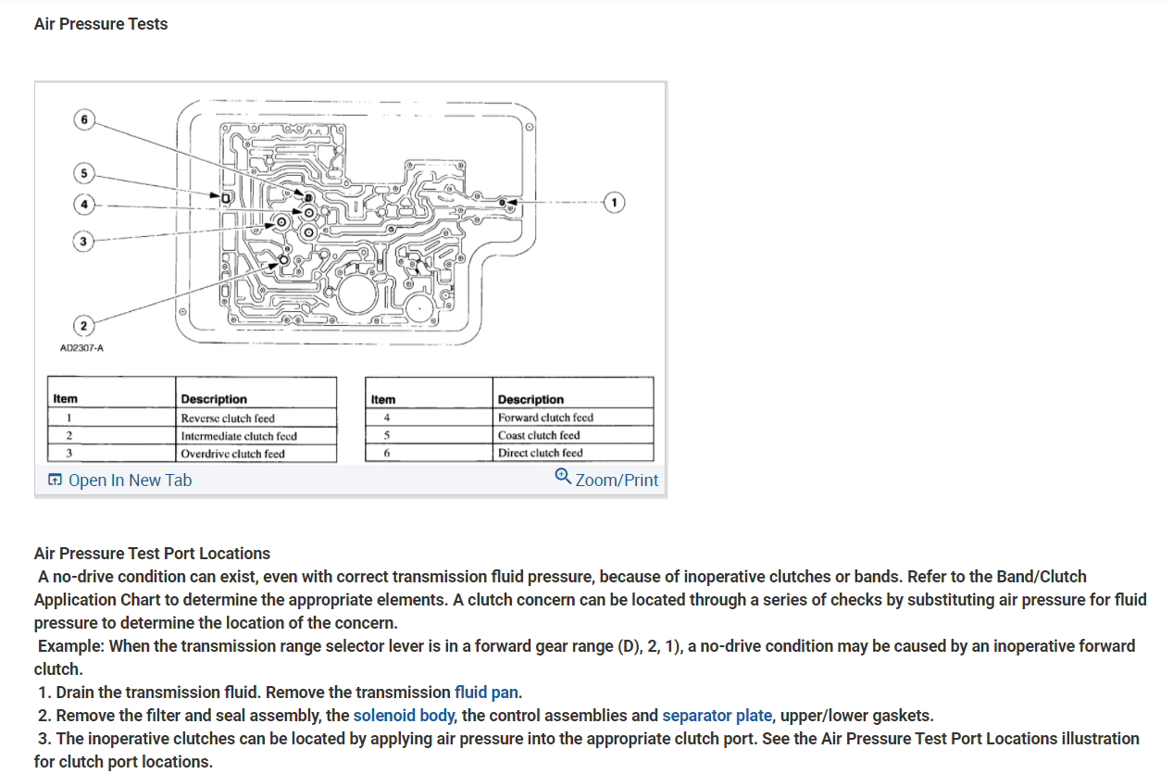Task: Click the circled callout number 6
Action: coord(84,119)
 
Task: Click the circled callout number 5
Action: coord(84,173)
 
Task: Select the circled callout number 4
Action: coord(84,204)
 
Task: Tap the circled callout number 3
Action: coord(84,241)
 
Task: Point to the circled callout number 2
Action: coord(84,325)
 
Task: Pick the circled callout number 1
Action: coord(612,201)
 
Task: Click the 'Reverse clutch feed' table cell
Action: coord(228,418)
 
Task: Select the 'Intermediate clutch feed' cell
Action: coord(239,436)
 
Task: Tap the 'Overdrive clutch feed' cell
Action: coord(232,454)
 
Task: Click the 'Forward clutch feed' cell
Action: coord(545,418)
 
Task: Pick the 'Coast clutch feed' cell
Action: coord(539,435)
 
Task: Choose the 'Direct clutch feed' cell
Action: coord(540,453)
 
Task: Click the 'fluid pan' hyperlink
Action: coord(486,693)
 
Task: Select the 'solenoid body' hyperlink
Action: coord(404,716)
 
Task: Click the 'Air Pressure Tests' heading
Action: coord(101,24)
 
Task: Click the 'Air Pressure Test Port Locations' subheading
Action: coord(152,554)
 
